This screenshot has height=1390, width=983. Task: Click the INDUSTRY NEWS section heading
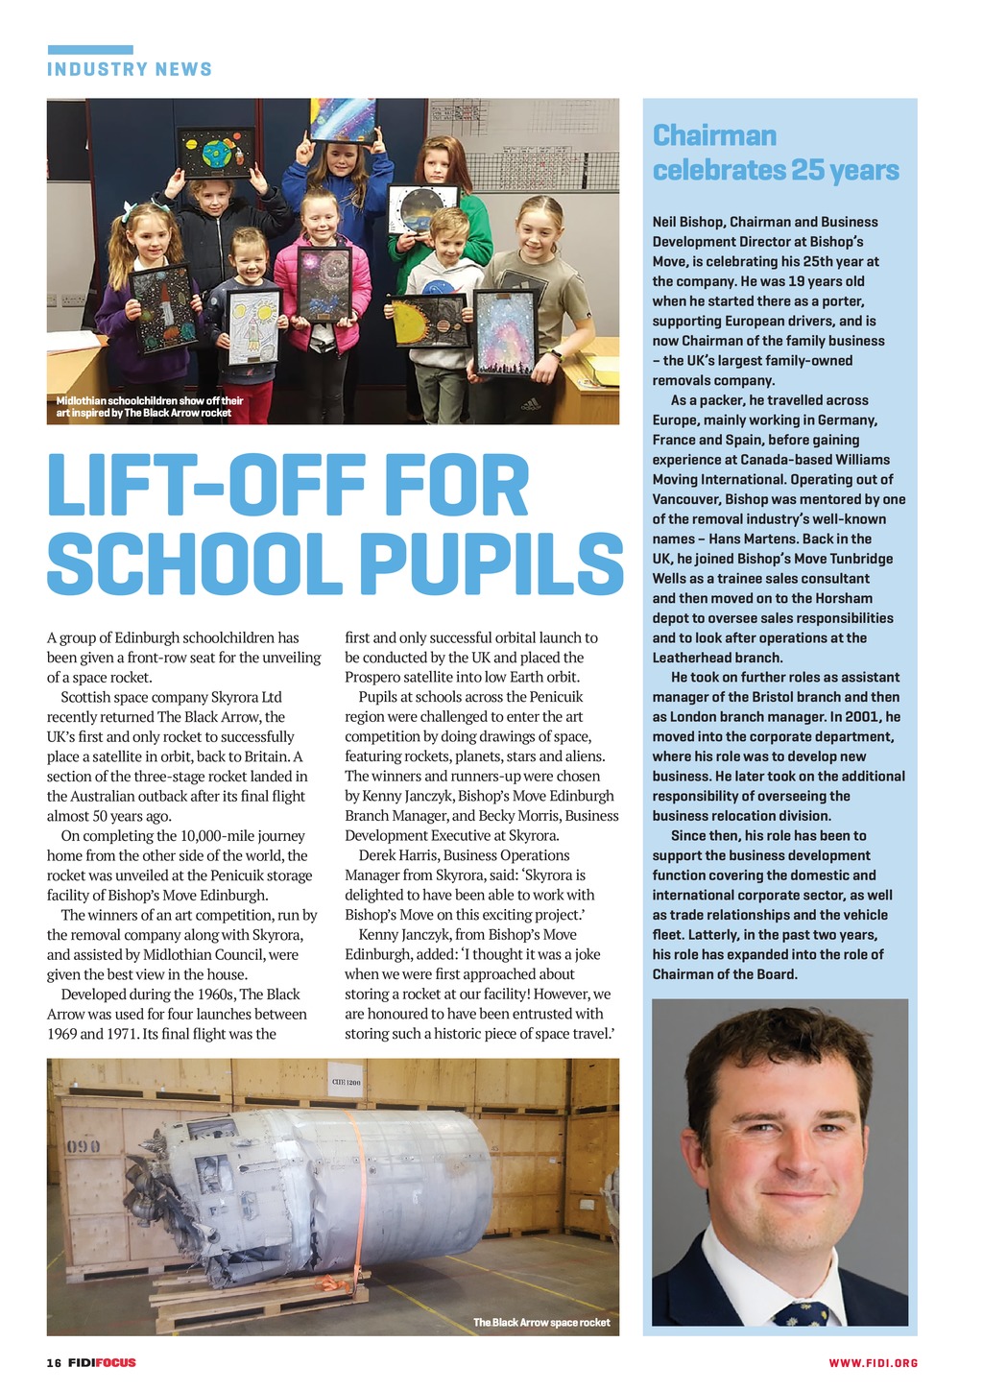click(130, 69)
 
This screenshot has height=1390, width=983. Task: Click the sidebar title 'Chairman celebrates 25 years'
click(776, 153)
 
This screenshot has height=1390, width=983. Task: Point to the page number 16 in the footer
click(54, 1362)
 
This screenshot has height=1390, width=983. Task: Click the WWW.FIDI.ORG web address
click(874, 1362)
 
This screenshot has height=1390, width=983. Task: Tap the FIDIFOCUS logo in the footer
click(102, 1362)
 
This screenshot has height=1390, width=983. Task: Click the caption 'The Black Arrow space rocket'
click(541, 1322)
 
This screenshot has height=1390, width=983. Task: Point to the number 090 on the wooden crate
click(84, 1146)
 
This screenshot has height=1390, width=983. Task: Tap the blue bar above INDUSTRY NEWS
click(90, 49)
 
